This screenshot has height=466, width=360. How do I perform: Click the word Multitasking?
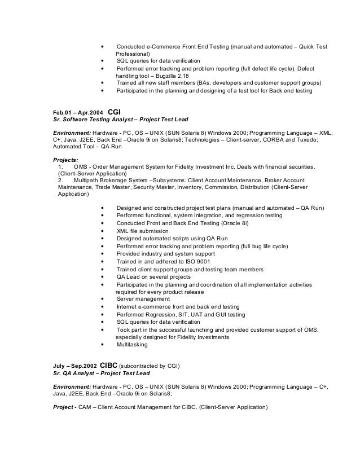(132, 344)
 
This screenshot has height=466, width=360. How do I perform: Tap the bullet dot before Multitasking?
(102, 344)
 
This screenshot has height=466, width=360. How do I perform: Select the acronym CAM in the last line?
(86, 407)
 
